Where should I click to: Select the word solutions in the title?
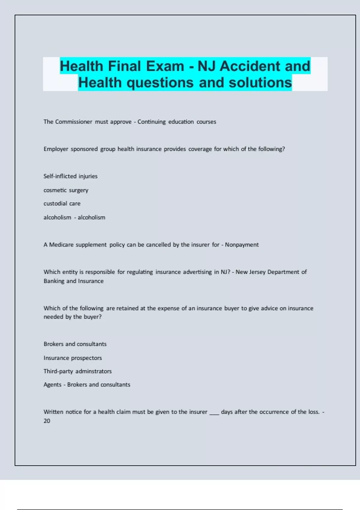260,83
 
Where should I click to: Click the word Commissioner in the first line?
73,122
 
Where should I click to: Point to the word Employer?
56,149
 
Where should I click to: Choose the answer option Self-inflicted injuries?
70,176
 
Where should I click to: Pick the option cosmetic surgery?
66,190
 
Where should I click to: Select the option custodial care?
62,203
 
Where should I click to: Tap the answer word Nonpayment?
242,245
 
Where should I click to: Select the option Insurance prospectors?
73,358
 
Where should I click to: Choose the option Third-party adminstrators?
77,371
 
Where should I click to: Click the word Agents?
52,385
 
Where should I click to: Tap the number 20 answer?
47,421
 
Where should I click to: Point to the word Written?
53,412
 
